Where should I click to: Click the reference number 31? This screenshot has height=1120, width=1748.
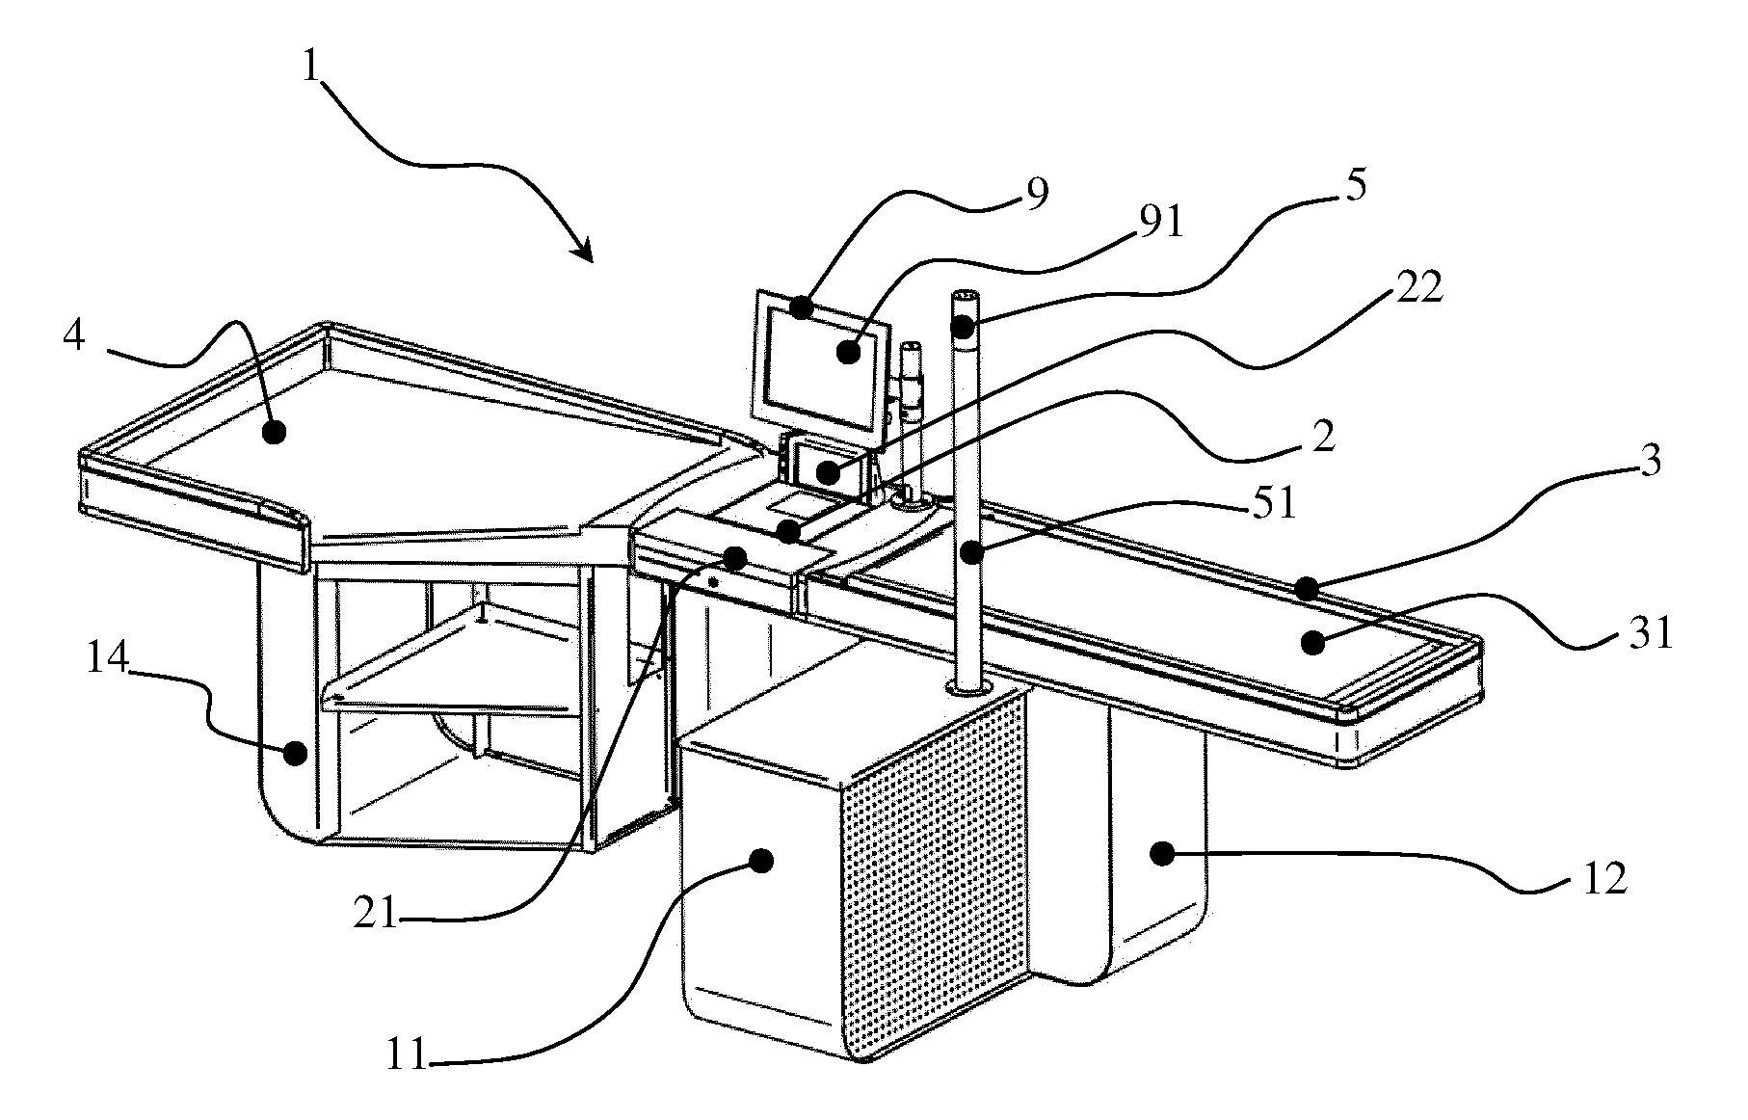1650,634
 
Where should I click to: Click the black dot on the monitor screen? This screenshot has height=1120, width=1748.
848,352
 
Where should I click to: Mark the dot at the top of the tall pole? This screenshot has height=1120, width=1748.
963,329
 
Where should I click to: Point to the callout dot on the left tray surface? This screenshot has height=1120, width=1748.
277,431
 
